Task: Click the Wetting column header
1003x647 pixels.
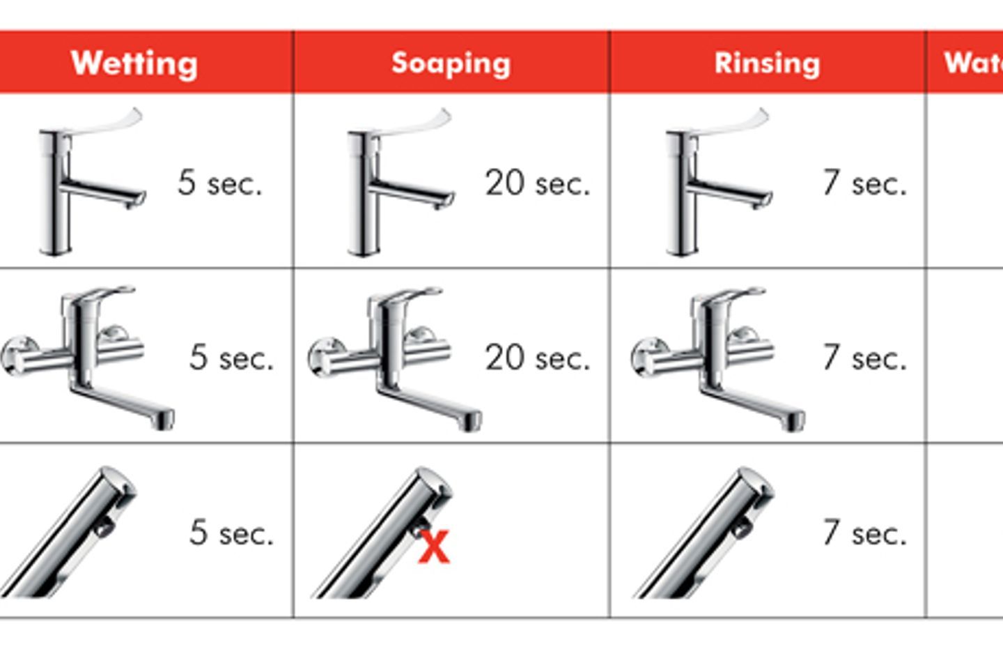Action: (134, 63)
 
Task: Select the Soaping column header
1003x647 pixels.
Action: (451, 63)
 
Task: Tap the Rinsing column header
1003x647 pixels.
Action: (767, 63)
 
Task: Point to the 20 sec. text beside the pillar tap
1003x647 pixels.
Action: (537, 183)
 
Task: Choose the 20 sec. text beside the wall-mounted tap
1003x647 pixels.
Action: (537, 358)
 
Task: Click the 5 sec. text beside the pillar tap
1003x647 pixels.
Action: (219, 183)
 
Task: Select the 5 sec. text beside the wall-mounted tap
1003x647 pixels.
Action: (231, 358)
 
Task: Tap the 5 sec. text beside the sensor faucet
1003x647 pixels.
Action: (231, 533)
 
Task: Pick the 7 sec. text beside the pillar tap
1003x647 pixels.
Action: (864, 183)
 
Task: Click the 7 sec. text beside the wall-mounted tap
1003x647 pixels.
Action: (864, 358)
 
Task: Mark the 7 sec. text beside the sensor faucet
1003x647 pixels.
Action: (864, 533)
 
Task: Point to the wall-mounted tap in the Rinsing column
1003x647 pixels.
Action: (717, 356)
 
